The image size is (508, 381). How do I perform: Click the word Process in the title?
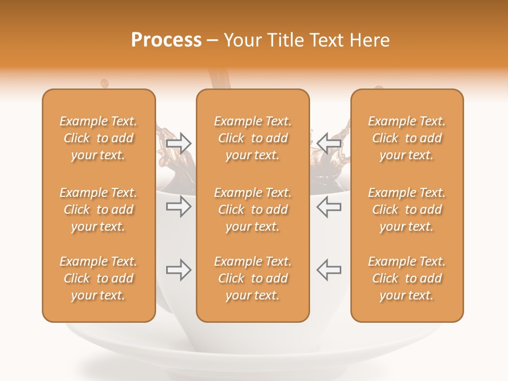pyautogui.click(x=166, y=40)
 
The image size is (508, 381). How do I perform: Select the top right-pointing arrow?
pyautogui.click(x=179, y=143)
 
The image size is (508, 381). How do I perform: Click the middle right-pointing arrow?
pyautogui.click(x=179, y=206)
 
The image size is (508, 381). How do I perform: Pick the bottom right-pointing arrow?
pyautogui.click(x=179, y=270)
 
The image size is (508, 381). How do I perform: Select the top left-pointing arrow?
pyautogui.click(x=329, y=143)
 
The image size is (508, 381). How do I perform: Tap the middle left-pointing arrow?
pyautogui.click(x=329, y=206)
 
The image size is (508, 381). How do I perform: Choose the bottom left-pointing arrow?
pyautogui.click(x=329, y=270)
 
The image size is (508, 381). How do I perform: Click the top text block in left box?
pyautogui.click(x=98, y=138)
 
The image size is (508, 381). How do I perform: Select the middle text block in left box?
pyautogui.click(x=98, y=210)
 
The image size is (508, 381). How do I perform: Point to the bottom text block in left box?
pyautogui.click(x=98, y=278)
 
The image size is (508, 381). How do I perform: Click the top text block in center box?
pyautogui.click(x=252, y=138)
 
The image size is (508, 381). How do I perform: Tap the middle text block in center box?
pyautogui.click(x=252, y=210)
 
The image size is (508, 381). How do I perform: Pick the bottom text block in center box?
pyautogui.click(x=252, y=278)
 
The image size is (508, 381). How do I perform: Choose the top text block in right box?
pyautogui.click(x=407, y=138)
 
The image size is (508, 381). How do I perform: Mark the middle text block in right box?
pyautogui.click(x=407, y=210)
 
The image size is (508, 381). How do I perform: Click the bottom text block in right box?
pyautogui.click(x=407, y=278)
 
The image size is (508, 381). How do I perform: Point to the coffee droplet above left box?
pyautogui.click(x=104, y=83)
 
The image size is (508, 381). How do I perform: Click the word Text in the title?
pyautogui.click(x=329, y=40)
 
